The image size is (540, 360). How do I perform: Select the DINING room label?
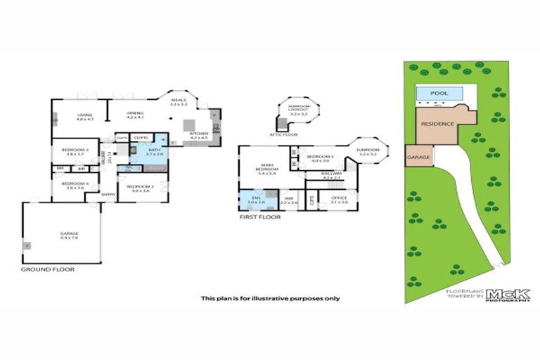click(x=135, y=114)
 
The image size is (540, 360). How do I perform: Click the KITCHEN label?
click(x=199, y=133)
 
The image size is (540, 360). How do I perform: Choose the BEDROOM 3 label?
click(x=74, y=149)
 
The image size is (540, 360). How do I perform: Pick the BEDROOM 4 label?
click(x=74, y=184)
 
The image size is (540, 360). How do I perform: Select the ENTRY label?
click(x=108, y=194)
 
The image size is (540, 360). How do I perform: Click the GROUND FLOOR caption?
click(x=47, y=269)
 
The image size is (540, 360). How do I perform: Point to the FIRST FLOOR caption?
click(x=259, y=217)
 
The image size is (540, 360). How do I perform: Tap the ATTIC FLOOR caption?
click(x=284, y=134)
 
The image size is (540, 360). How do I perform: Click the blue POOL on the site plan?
click(x=439, y=93)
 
